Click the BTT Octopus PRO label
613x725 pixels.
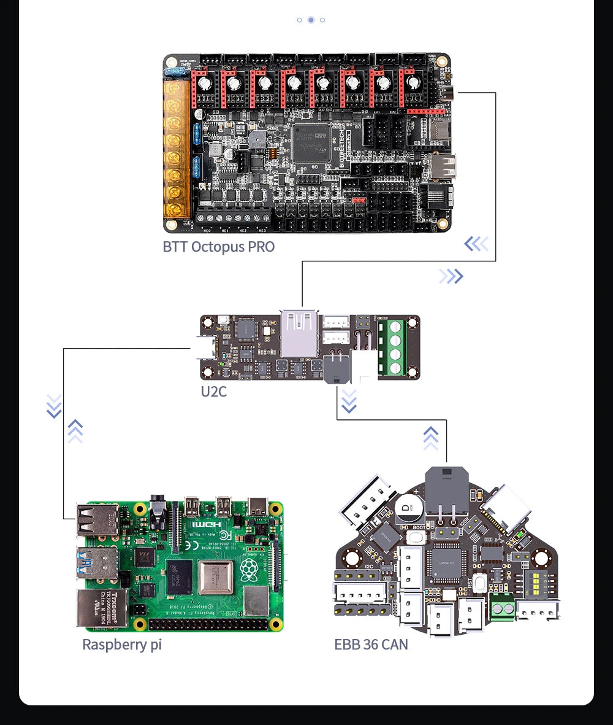218,247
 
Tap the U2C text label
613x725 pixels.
213,391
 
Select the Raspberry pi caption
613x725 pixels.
122,645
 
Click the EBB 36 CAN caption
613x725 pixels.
371,645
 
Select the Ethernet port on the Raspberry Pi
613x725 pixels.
101,608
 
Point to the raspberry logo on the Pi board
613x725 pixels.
248,571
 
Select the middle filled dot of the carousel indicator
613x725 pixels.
311,20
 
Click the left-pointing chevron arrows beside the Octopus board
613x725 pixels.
476,244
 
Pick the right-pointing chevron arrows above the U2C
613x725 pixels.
451,276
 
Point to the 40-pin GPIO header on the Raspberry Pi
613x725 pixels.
208,624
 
